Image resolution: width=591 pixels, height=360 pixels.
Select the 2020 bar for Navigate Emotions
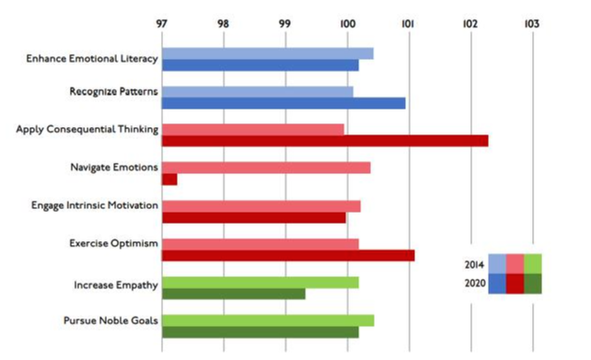(169, 180)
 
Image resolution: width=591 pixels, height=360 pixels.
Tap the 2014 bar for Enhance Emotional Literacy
(267, 53)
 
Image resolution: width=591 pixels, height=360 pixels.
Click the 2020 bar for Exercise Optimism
(288, 255)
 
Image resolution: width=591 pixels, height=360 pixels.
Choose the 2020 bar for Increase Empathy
(234, 294)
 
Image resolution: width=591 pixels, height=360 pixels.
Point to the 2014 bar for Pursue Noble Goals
(268, 319)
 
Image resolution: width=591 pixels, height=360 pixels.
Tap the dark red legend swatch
(515, 283)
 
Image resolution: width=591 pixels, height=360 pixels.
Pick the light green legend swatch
(532, 264)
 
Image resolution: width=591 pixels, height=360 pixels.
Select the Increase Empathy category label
(116, 285)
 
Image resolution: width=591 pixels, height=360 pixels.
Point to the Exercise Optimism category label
(113, 243)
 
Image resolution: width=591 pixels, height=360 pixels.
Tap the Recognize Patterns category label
(113, 91)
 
